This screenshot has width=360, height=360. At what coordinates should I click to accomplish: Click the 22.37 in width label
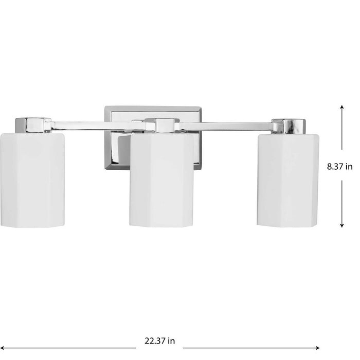159,340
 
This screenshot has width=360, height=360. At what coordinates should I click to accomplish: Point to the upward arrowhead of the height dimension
341,106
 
